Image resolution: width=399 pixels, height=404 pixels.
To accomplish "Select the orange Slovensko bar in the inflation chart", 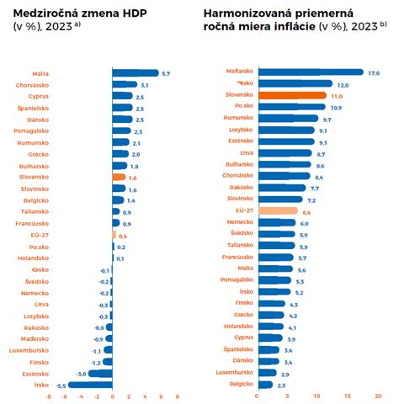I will coord(292,96).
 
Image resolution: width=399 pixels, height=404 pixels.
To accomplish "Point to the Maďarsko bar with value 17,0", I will coord(311,72).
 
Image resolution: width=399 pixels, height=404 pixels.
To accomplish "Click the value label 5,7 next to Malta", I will coord(166,74).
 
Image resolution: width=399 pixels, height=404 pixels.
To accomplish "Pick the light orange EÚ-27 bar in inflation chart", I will coord(277,211).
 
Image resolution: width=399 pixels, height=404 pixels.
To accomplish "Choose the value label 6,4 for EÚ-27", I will coord(305,211).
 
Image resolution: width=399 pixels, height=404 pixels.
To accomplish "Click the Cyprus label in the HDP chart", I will coord(35,97).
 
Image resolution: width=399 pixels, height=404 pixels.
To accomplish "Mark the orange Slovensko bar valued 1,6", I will coord(119,177).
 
